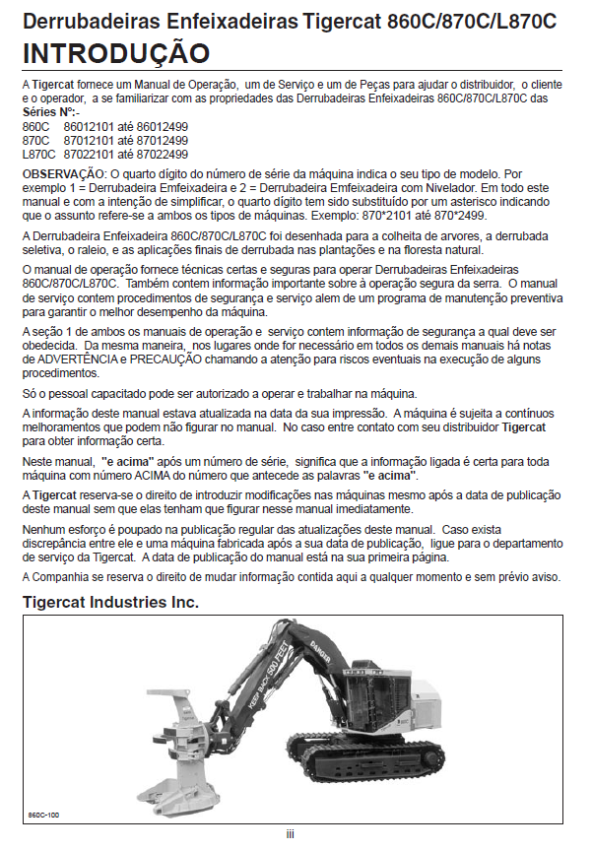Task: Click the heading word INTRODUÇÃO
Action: coord(115,52)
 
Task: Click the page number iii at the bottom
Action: coord(291,833)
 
